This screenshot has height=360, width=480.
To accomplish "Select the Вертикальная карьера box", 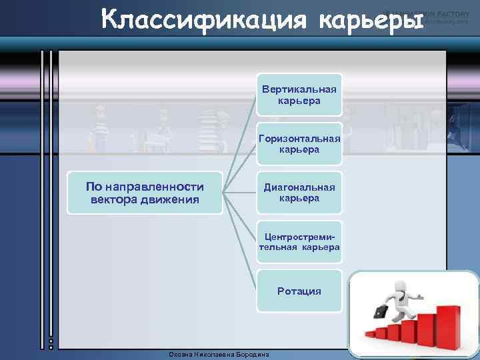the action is tap(299, 95).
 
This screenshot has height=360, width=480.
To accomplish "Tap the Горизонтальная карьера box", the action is tap(299, 144).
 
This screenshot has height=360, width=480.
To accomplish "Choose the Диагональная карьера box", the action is tap(299, 193).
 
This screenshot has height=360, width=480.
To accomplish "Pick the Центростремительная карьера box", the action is tap(299, 242).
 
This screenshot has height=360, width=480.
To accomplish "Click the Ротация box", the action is tap(299, 291).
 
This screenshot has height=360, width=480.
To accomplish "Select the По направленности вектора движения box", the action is tap(145, 193).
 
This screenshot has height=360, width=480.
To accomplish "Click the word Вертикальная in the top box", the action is tap(299, 89).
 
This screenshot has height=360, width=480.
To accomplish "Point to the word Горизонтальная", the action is tap(299, 139).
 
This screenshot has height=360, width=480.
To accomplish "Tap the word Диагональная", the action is tap(299, 188).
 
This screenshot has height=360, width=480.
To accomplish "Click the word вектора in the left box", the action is tap(111, 199).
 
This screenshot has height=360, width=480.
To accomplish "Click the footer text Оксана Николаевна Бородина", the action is tap(219, 355).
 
